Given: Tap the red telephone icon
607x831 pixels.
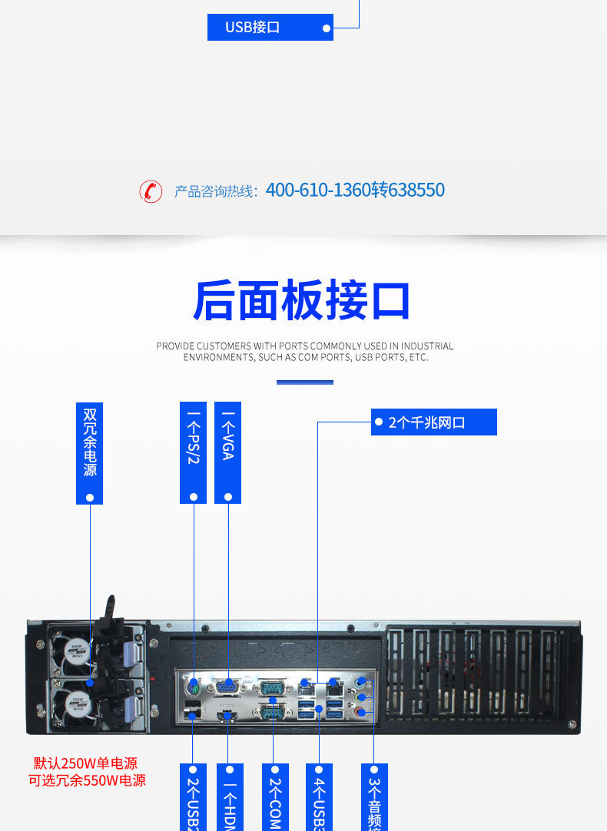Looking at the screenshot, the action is click(151, 190).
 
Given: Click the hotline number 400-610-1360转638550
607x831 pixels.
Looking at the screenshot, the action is click(355, 190).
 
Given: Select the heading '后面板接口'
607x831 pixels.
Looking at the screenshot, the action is click(302, 301).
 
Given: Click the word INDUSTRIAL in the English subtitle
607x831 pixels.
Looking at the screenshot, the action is click(427, 346).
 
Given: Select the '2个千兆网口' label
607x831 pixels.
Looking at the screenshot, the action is click(433, 422).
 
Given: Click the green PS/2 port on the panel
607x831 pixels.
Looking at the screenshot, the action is click(193, 685).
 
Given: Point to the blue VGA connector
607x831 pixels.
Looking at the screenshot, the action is click(228, 687).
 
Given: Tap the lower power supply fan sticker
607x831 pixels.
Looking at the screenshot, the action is click(75, 700).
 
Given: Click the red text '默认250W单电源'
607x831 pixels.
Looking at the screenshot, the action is click(85, 763).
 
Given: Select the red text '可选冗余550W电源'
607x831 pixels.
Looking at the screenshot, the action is click(87, 780).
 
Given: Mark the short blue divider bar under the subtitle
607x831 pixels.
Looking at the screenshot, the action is click(304, 382).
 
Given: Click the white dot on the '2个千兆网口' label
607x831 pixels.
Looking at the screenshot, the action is click(379, 422).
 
